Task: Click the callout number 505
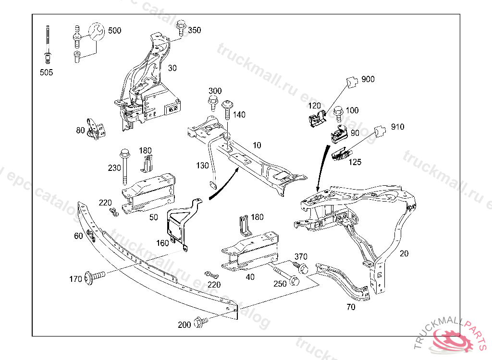pyautogui.click(x=47, y=72)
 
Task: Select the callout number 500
pyautogui.click(x=114, y=31)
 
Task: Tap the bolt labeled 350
pyautogui.click(x=181, y=27)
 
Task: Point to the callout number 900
pyautogui.click(x=368, y=79)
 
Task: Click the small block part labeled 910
pyautogui.click(x=381, y=130)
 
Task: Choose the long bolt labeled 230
pyautogui.click(x=125, y=166)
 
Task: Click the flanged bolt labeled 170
pyautogui.click(x=94, y=277)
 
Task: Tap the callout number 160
pyautogui.click(x=162, y=243)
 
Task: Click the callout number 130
pyautogui.click(x=202, y=166)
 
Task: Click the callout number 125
pyautogui.click(x=355, y=162)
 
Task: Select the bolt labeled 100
pyautogui.click(x=338, y=113)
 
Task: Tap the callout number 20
pyautogui.click(x=404, y=253)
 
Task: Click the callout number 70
pyautogui.click(x=351, y=307)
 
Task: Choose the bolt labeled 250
pyautogui.click(x=288, y=277)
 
